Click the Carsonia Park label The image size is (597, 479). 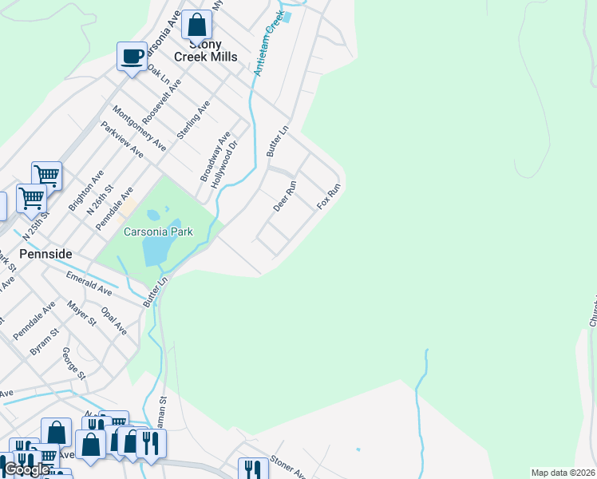[x=158, y=232]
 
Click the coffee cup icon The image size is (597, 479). [x=132, y=57]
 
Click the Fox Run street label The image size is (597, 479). [x=329, y=196]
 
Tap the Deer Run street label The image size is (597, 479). [x=285, y=196]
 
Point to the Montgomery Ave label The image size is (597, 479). [x=139, y=128]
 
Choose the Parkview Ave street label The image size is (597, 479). [x=121, y=138]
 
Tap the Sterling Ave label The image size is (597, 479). [x=193, y=120]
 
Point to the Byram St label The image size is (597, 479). [x=45, y=340]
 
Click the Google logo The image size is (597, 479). [x=26, y=469]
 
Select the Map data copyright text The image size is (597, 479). [x=563, y=473]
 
